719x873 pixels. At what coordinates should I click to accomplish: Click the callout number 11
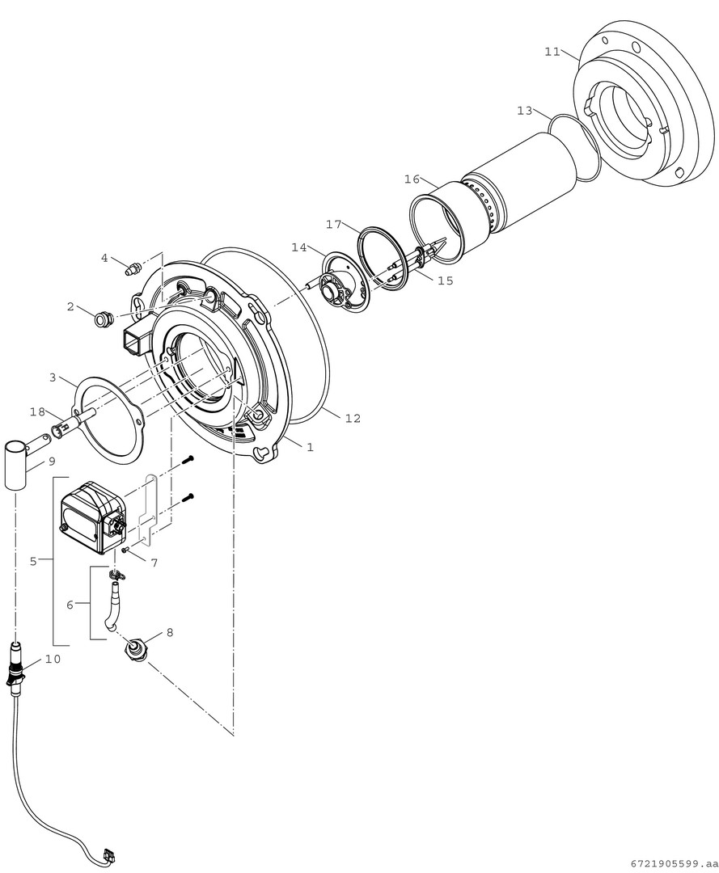point(552,52)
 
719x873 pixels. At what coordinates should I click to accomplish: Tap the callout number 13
point(525,110)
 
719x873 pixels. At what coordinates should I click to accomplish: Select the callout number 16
point(412,179)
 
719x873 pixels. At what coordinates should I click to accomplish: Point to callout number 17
point(334,224)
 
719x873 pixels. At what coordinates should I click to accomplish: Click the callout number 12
point(352,418)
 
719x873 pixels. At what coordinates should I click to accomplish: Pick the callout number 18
point(37,412)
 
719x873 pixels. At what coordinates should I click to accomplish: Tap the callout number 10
point(52,659)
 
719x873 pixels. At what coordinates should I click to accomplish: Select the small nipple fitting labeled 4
point(132,267)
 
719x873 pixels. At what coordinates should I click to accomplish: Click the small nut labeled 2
point(103,319)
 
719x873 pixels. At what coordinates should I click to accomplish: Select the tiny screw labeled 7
point(127,550)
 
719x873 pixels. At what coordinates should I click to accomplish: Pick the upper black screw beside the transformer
point(188,460)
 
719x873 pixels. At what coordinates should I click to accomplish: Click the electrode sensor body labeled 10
point(15,660)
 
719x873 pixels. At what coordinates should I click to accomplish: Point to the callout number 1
point(310,446)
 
